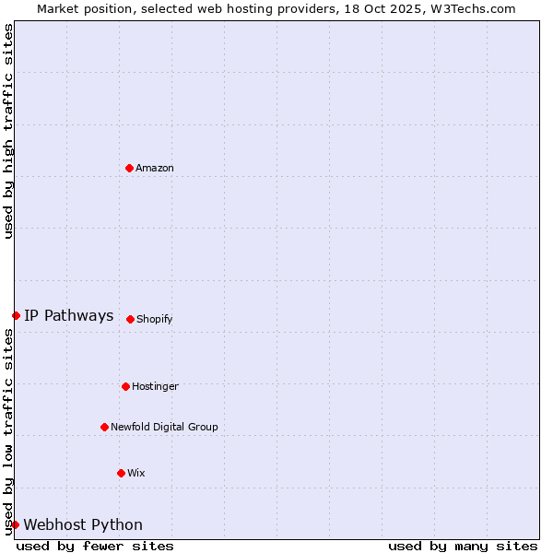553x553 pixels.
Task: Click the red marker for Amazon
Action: point(129,168)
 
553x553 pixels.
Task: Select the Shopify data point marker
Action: point(130,319)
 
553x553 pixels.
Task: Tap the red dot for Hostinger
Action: point(125,386)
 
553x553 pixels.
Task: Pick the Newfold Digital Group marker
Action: point(104,427)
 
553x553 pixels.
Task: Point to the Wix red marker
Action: point(121,473)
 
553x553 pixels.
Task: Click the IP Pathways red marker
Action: point(16,315)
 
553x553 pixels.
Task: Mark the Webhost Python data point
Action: point(15,524)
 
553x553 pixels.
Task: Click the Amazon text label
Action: point(155,168)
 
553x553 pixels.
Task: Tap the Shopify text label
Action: point(155,319)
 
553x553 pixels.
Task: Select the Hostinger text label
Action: point(155,386)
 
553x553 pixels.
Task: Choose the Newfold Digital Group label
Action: point(164,427)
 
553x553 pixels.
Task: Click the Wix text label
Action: point(136,473)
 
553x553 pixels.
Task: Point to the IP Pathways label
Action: point(69,315)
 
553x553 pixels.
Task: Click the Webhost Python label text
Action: point(83,524)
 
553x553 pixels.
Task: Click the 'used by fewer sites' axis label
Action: point(95,546)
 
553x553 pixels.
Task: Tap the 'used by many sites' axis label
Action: point(463,546)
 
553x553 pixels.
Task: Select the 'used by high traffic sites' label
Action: point(8,131)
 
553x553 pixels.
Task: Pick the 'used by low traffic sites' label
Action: point(8,431)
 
